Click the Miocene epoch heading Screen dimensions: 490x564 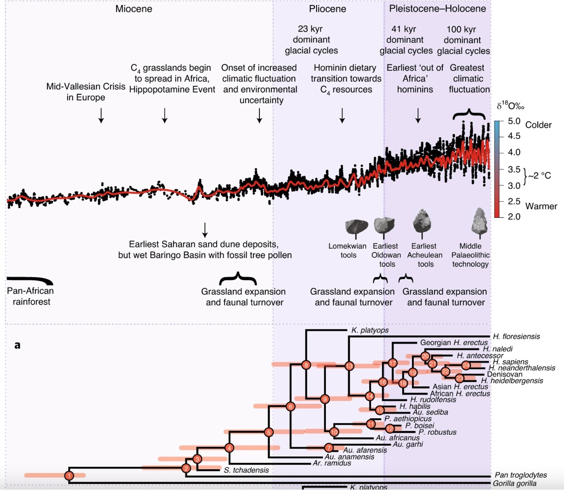pyautogui.click(x=134, y=9)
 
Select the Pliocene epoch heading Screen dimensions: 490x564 pyautogui.click(x=327, y=9)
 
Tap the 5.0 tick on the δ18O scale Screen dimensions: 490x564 pyautogui.click(x=513, y=122)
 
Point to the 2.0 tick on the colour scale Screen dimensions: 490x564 pyautogui.click(x=513, y=216)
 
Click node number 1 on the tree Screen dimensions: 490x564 pyautogui.click(x=69, y=475)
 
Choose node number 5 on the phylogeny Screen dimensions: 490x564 pyautogui.click(x=269, y=432)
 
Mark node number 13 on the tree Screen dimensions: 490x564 pyautogui.click(x=349, y=366)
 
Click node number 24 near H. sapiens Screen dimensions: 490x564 pyautogui.click(x=466, y=365)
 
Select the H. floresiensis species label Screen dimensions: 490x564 pyautogui.click(x=516, y=337)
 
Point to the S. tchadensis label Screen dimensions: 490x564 pyautogui.click(x=246, y=470)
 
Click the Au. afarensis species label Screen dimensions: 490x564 pyautogui.click(x=365, y=450)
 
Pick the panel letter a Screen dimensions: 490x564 pyautogui.click(x=17, y=345)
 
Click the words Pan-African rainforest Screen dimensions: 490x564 pyautogui.click(x=31, y=296)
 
